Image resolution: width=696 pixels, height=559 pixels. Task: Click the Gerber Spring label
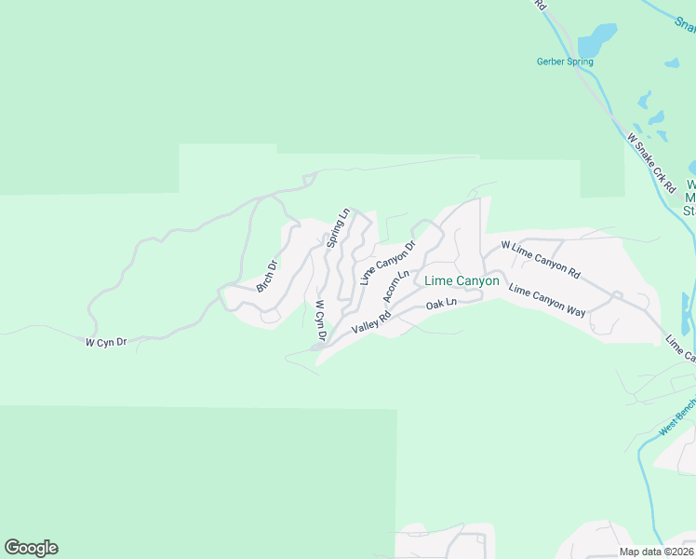(x=565, y=62)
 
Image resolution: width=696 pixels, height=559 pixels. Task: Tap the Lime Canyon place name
(x=462, y=280)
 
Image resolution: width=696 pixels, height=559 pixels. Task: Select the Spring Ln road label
(x=337, y=228)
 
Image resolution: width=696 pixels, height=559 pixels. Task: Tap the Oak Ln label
(x=441, y=304)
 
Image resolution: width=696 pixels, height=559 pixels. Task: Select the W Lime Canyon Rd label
(x=541, y=260)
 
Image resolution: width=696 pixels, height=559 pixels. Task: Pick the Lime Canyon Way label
(x=548, y=300)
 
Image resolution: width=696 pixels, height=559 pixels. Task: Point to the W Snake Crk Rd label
(x=650, y=162)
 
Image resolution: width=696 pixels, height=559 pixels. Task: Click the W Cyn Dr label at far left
(x=105, y=343)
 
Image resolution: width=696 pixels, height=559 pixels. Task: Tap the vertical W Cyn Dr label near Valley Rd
(x=320, y=319)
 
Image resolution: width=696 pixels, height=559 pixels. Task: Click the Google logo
(x=31, y=548)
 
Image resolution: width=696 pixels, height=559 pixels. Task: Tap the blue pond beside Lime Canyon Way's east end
(x=687, y=314)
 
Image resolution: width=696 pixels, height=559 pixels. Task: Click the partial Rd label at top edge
(x=541, y=5)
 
